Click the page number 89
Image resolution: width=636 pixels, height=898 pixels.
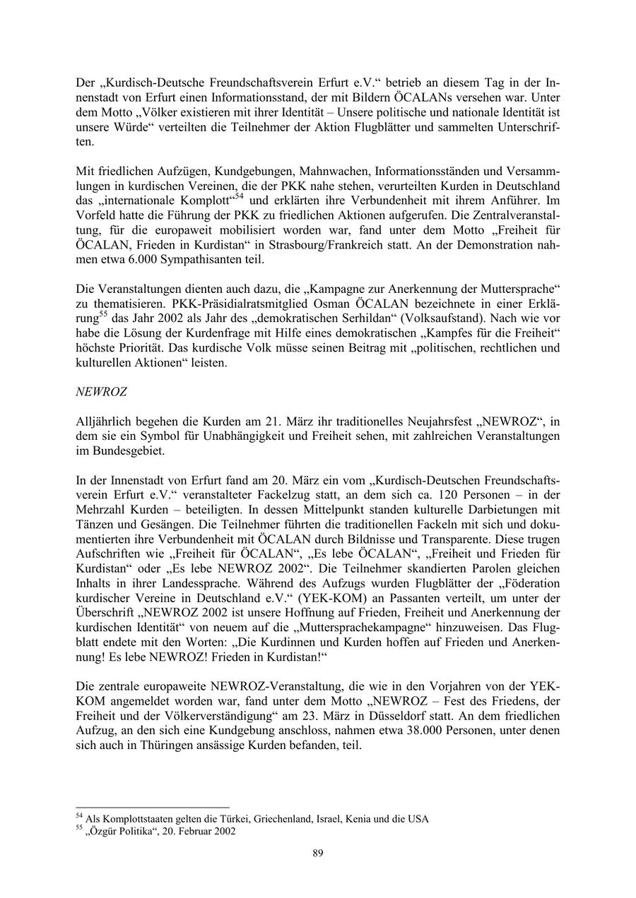click(317, 853)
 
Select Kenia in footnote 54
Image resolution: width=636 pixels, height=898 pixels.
click(349, 819)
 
